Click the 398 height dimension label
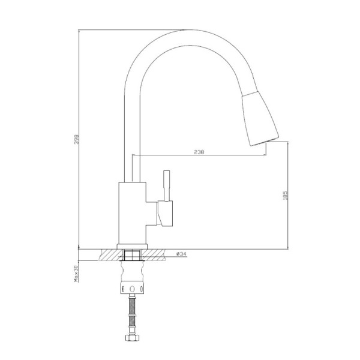(x=76, y=139)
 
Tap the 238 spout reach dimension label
(x=199, y=152)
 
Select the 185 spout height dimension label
(x=285, y=196)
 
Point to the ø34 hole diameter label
(x=181, y=254)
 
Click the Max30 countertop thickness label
(x=76, y=274)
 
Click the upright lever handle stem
(x=166, y=186)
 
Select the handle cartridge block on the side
(x=165, y=214)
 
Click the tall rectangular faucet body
(x=132, y=213)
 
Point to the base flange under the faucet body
(x=132, y=247)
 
